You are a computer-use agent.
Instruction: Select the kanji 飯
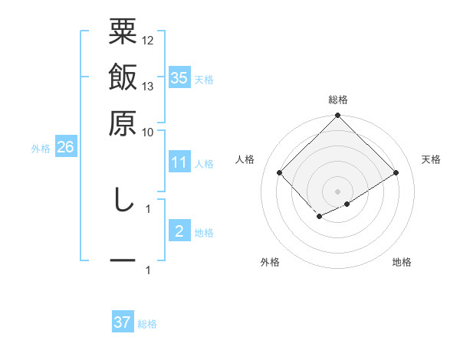pyautogui.click(x=123, y=79)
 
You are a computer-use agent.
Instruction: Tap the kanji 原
pyautogui.click(x=123, y=122)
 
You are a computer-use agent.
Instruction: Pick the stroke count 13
pyautogui.click(x=148, y=86)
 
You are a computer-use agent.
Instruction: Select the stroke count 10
pyautogui.click(x=148, y=132)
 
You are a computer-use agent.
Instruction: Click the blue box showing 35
pyautogui.click(x=179, y=77)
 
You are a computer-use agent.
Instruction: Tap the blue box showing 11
pyautogui.click(x=179, y=162)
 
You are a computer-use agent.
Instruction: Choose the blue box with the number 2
pyautogui.click(x=179, y=231)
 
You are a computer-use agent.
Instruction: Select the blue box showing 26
pyautogui.click(x=65, y=147)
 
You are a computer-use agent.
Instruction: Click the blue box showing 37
pyautogui.click(x=123, y=322)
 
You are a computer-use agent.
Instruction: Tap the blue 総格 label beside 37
pyautogui.click(x=148, y=324)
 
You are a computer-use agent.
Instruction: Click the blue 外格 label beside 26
pyautogui.click(x=41, y=149)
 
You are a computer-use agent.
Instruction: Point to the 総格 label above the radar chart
pyautogui.click(x=337, y=100)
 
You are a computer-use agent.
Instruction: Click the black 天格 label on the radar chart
pyautogui.click(x=432, y=159)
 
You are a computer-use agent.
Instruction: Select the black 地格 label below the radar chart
pyautogui.click(x=402, y=262)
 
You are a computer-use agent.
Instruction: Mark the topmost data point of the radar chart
pyautogui.click(x=337, y=116)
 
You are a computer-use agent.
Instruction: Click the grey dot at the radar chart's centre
pyautogui.click(x=337, y=191)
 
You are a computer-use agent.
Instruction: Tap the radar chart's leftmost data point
pyautogui.click(x=280, y=172)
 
